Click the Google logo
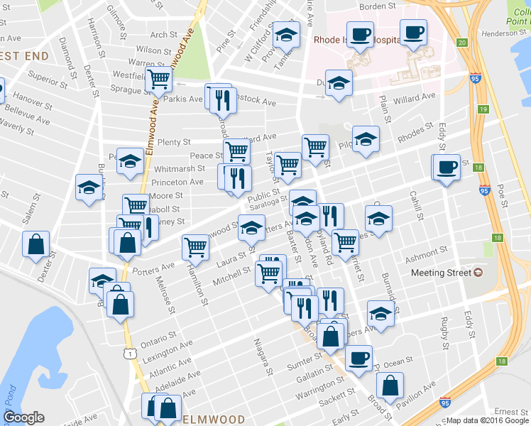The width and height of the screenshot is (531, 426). click(x=23, y=417)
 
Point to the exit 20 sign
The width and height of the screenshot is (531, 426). click(x=462, y=43)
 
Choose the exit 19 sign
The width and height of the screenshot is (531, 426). click(x=483, y=109)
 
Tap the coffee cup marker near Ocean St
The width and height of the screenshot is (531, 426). click(x=358, y=358)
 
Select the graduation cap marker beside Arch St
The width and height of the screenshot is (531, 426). click(x=286, y=34)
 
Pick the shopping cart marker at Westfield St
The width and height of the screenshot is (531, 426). click(x=158, y=80)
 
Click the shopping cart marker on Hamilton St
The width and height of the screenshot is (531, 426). click(x=195, y=247)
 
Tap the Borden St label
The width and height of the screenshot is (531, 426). click(x=377, y=6)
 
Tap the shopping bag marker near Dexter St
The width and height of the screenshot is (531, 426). click(x=35, y=245)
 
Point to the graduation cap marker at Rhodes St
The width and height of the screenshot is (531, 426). click(x=366, y=139)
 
